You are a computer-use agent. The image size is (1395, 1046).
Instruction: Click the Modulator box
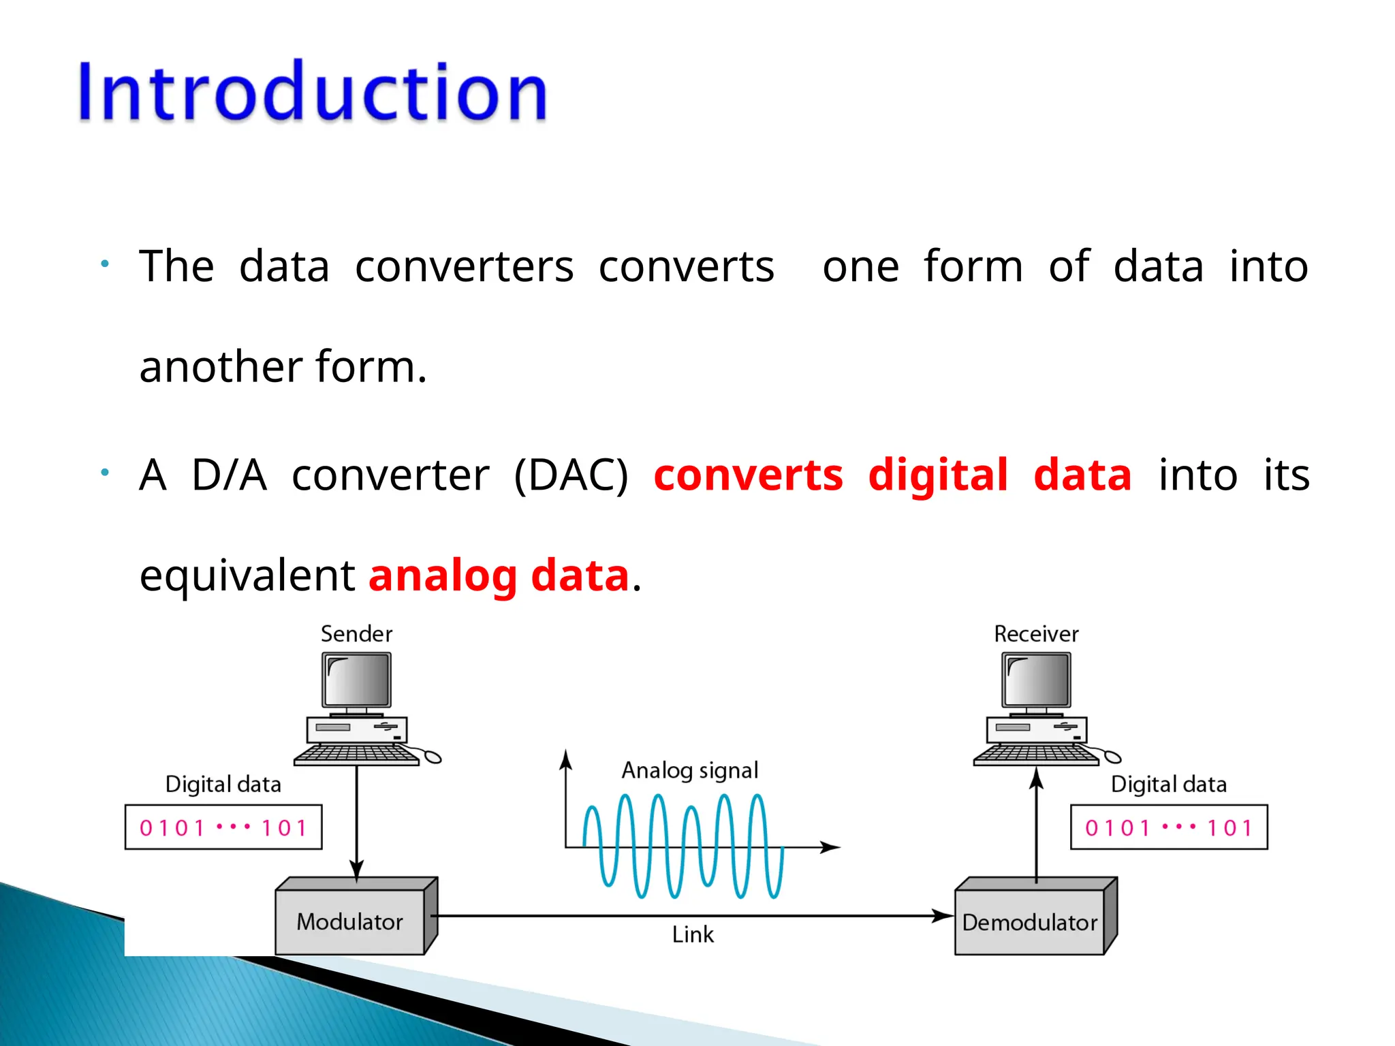(x=349, y=921)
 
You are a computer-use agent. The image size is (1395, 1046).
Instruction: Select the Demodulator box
(x=1029, y=922)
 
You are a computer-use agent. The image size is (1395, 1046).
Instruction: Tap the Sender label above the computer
(x=356, y=634)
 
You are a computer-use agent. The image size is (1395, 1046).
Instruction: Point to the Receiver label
(x=1036, y=634)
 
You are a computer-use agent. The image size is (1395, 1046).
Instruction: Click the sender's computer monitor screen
(x=357, y=680)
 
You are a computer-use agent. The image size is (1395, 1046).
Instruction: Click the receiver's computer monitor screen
(x=1037, y=680)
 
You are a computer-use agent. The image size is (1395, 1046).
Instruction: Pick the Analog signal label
(x=689, y=770)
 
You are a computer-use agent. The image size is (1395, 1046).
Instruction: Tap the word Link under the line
(x=693, y=934)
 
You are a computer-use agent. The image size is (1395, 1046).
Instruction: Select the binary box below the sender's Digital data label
(x=223, y=827)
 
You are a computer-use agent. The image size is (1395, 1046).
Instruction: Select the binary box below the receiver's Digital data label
(x=1169, y=827)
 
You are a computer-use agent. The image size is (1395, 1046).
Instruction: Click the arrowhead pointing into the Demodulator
(x=943, y=916)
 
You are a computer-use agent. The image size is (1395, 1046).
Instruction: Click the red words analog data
(x=499, y=575)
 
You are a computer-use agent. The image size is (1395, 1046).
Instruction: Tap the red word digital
(x=937, y=475)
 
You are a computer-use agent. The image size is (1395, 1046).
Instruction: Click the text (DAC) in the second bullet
(x=571, y=475)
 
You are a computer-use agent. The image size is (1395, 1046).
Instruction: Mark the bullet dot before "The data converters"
(x=105, y=264)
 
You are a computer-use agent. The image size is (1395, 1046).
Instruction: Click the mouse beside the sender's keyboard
(x=433, y=757)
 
